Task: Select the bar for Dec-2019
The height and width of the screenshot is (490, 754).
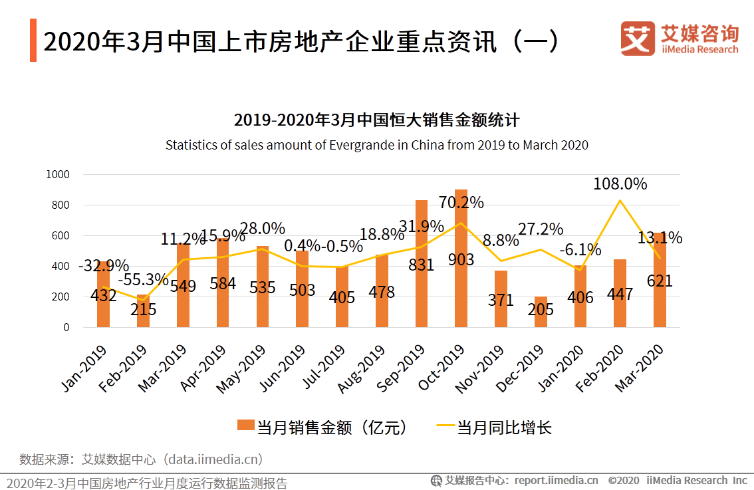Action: click(x=541, y=312)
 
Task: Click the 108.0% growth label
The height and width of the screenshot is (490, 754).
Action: click(x=620, y=184)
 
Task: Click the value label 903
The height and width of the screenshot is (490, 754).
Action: click(x=461, y=259)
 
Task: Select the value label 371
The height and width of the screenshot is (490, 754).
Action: click(x=501, y=300)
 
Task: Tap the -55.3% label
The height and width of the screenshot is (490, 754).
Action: click(x=144, y=279)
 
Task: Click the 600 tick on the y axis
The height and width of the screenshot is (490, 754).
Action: click(x=61, y=235)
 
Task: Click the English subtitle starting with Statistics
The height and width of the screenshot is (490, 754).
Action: click(x=376, y=145)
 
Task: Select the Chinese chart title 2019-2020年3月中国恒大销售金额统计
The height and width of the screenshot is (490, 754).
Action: click(x=376, y=120)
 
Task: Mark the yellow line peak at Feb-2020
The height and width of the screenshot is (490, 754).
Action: click(x=620, y=200)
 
